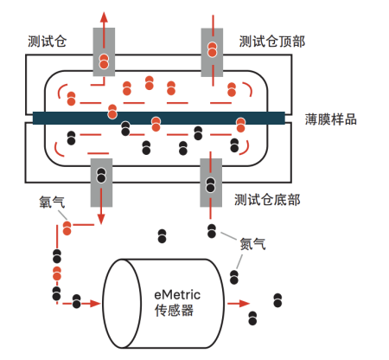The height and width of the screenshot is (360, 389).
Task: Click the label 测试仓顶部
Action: [x=272, y=42]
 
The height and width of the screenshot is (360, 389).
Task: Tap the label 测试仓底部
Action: [x=267, y=200]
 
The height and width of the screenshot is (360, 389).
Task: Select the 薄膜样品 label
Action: [x=331, y=119]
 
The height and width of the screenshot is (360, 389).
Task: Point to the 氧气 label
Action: [x=52, y=202]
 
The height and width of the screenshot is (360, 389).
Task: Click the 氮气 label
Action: [x=252, y=244]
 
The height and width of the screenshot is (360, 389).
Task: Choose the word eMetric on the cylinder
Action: [x=177, y=295]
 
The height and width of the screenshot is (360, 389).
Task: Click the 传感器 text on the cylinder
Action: [x=174, y=311]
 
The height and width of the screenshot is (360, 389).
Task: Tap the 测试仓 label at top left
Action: [x=48, y=42]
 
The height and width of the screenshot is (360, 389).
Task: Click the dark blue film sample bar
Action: [x=159, y=118]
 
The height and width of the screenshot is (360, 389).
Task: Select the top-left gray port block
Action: [x=104, y=52]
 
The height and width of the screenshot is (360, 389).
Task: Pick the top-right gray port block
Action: [x=212, y=53]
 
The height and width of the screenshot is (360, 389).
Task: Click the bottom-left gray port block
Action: [x=101, y=183]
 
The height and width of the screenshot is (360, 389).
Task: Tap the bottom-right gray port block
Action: [x=211, y=183]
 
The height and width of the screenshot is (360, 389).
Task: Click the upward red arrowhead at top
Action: [x=104, y=17]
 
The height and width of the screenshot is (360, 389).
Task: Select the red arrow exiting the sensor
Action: [x=239, y=304]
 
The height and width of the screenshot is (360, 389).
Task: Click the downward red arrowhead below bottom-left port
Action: [x=101, y=219]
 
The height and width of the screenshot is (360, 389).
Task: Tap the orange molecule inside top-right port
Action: [x=213, y=49]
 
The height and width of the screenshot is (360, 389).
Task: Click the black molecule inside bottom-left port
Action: [x=101, y=176]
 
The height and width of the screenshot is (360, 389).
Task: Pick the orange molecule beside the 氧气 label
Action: [x=67, y=228]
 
